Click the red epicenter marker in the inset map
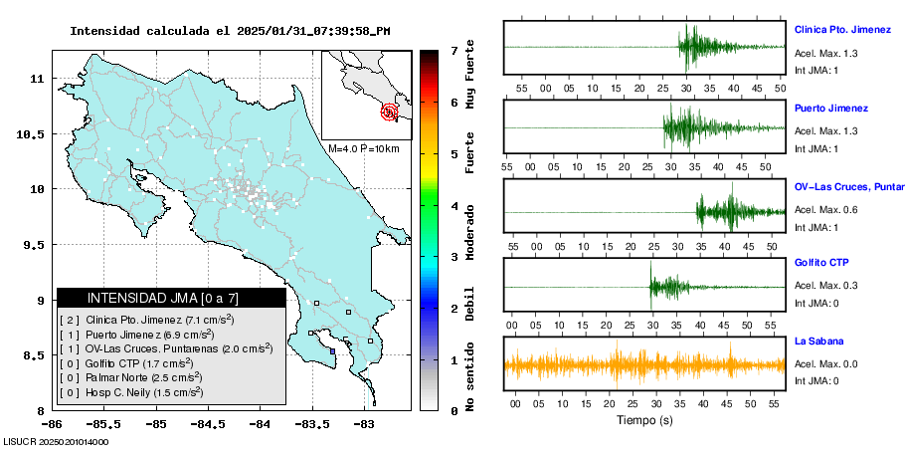pos(390,112)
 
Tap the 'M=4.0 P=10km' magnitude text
pos(363,149)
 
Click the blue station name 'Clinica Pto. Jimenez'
pos(840,30)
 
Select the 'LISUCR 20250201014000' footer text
pos(57,441)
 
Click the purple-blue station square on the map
pos(332,350)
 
